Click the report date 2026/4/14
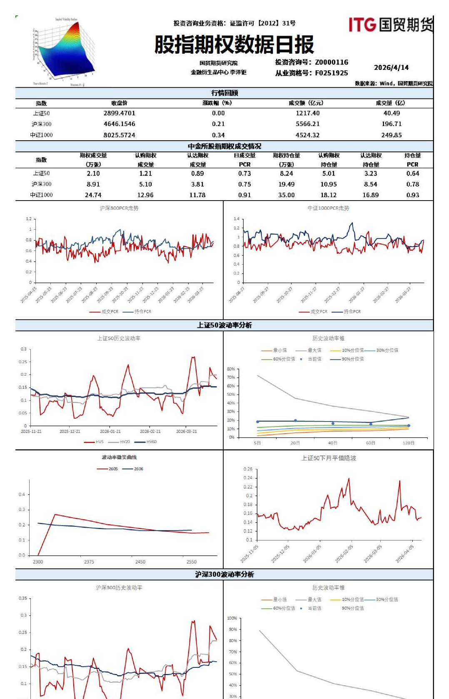[x=391, y=67]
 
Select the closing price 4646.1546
[x=119, y=124]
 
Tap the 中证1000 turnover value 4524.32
[x=307, y=135]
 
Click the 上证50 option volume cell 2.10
[x=93, y=174]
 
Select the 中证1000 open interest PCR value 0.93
[x=412, y=195]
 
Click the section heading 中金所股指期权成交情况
[x=224, y=146]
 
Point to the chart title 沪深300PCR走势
[x=119, y=208]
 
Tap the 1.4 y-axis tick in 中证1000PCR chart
[x=237, y=219]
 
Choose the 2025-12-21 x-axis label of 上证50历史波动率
[x=70, y=431]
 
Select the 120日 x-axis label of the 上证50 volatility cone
[x=409, y=443]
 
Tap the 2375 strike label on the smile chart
[x=89, y=562]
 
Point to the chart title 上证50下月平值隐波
[x=329, y=458]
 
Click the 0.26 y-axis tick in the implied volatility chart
[x=248, y=469]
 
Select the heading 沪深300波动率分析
[x=224, y=574]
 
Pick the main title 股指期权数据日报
[x=234, y=45]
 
